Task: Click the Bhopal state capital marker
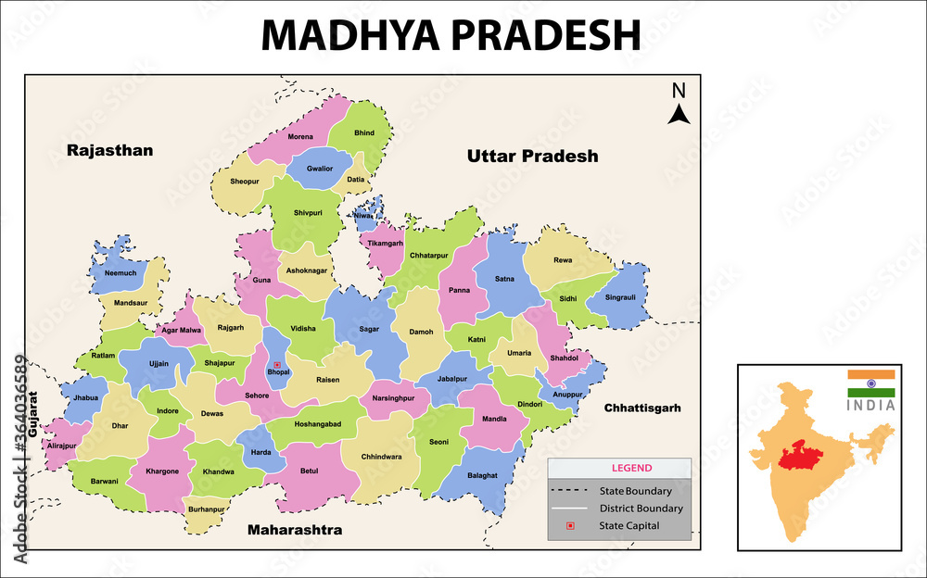276,364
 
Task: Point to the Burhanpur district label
205,509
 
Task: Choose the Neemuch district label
121,273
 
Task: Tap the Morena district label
299,136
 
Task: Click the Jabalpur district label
453,378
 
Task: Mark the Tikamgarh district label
386,244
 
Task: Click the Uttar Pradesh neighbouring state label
532,156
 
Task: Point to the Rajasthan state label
109,150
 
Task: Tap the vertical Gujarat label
33,413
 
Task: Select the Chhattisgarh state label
642,408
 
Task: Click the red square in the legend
570,526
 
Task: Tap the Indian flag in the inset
870,383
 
